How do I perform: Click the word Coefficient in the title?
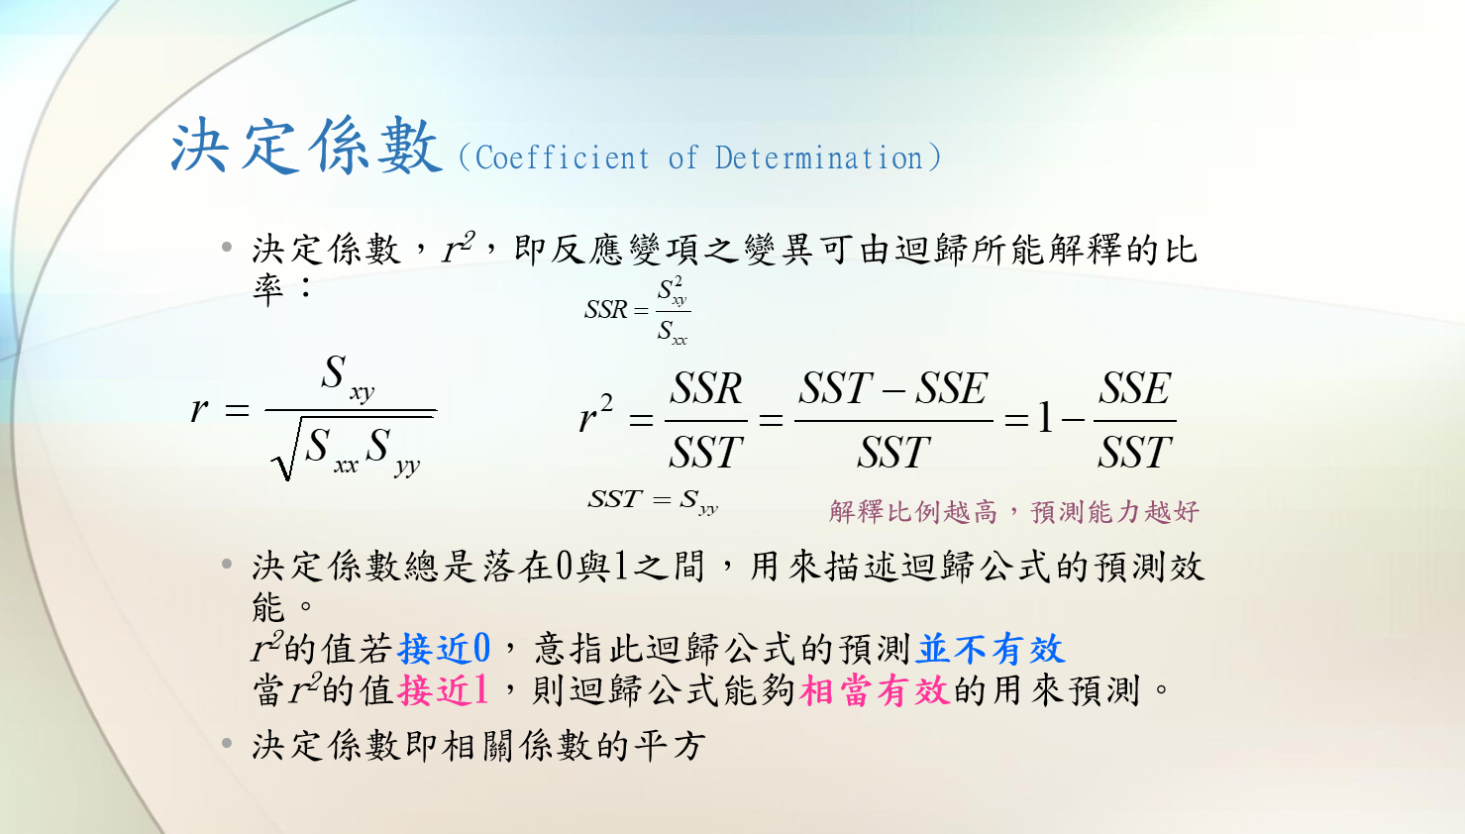563,158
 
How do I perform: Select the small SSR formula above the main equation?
637,310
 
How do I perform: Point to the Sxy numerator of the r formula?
348,378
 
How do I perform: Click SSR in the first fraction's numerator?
705,388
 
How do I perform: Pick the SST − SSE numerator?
892,388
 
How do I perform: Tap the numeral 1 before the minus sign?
1046,419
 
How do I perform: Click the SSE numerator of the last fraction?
1135,388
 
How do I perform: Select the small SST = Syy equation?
653,501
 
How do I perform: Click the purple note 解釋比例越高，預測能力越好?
1013,511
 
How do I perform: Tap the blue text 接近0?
444,648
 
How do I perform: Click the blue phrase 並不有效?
991,648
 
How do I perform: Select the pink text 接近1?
443,690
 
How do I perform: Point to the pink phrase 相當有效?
875,690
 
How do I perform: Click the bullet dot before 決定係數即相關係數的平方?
227,743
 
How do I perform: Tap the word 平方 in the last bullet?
669,746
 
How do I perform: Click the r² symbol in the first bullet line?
459,248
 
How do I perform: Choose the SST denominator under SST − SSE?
892,452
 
